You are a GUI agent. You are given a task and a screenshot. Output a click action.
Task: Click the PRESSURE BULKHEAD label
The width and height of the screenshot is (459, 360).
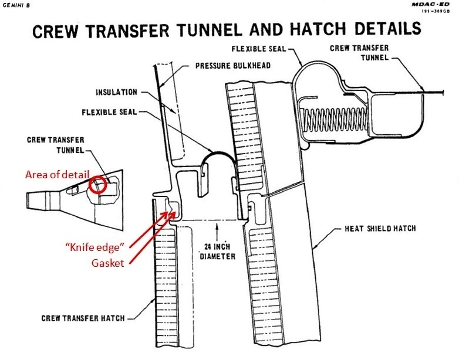[232, 66]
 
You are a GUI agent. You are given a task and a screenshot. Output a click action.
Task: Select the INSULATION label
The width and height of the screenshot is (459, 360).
[117, 92]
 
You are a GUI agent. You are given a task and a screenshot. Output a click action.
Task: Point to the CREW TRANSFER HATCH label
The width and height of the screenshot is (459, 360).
[82, 318]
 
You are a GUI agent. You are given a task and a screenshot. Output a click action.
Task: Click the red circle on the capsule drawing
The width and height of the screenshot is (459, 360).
[96, 185]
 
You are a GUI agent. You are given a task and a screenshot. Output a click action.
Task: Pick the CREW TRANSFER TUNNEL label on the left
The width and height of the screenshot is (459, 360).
[55, 144]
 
